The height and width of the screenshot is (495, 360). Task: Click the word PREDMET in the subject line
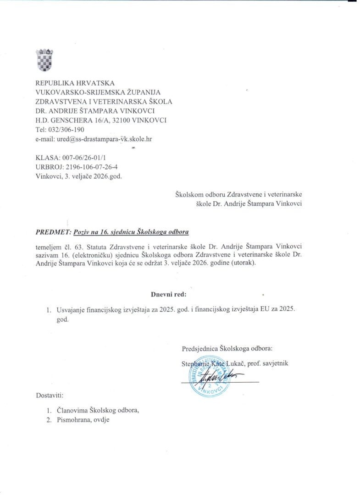tap(49, 232)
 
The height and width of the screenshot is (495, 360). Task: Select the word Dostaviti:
tap(50, 395)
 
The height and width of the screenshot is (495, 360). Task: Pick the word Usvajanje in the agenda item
tap(70, 310)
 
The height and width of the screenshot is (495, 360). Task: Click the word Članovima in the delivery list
tap(72, 410)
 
